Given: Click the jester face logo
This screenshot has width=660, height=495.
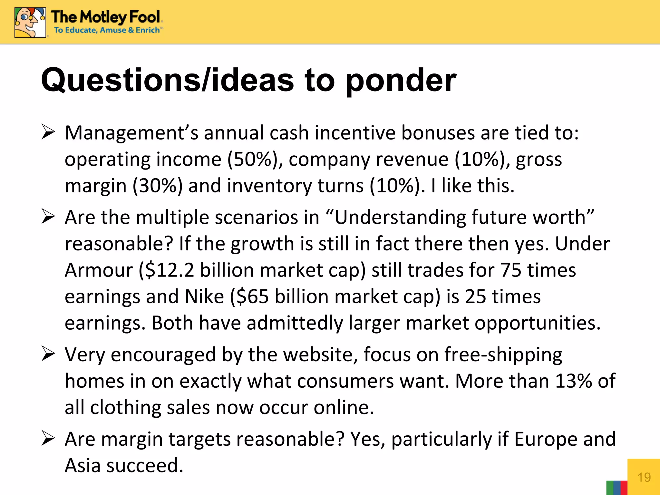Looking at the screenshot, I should [x=30, y=23].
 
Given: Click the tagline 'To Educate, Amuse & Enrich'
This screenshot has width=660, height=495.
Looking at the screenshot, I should [x=107, y=30].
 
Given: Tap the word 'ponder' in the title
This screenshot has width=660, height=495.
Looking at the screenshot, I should [x=401, y=81].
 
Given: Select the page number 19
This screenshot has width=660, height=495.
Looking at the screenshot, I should [x=644, y=477].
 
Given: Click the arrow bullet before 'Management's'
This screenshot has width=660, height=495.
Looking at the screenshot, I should [x=48, y=132].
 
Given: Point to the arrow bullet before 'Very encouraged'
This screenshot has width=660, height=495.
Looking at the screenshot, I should [x=48, y=354].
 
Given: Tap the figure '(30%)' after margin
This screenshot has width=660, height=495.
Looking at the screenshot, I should [x=158, y=186].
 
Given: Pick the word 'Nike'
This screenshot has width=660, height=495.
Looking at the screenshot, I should [x=204, y=296].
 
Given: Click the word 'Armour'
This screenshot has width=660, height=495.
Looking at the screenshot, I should [x=99, y=270].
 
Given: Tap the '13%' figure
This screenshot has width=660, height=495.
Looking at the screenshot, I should [x=574, y=381].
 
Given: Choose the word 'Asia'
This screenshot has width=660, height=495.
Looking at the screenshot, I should [x=82, y=465].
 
